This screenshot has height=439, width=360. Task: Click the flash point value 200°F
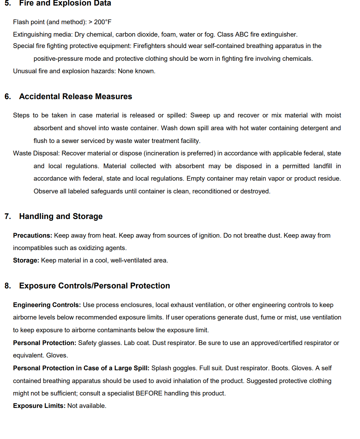103,22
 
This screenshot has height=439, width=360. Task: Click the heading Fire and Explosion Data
65,3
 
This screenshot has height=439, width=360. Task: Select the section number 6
8,97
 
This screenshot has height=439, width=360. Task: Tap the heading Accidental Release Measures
76,97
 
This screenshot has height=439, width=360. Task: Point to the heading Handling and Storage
61,217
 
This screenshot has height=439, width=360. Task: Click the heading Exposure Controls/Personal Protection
95,286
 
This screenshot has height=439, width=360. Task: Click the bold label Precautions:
32,236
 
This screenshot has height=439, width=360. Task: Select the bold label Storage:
26,260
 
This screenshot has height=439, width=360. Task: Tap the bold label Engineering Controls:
47,305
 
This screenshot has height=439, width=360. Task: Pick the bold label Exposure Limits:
39,406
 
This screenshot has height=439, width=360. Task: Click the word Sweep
200,115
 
